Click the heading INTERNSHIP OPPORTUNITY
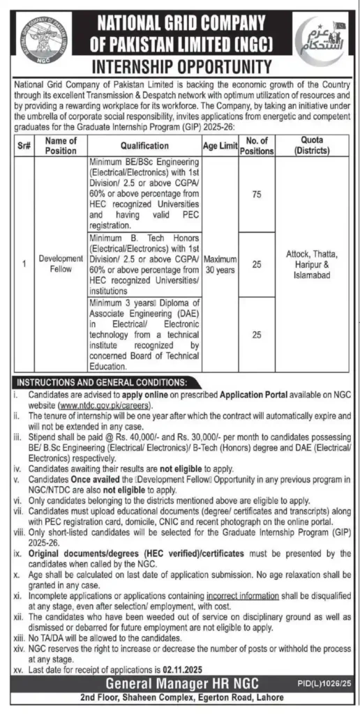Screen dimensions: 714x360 pos(181,68)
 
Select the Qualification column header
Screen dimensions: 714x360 pos(144,146)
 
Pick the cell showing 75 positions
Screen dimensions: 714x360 pos(256,195)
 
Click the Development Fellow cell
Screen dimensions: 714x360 pos(60,263)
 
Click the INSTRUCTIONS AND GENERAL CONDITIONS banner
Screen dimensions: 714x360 pos(101,382)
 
